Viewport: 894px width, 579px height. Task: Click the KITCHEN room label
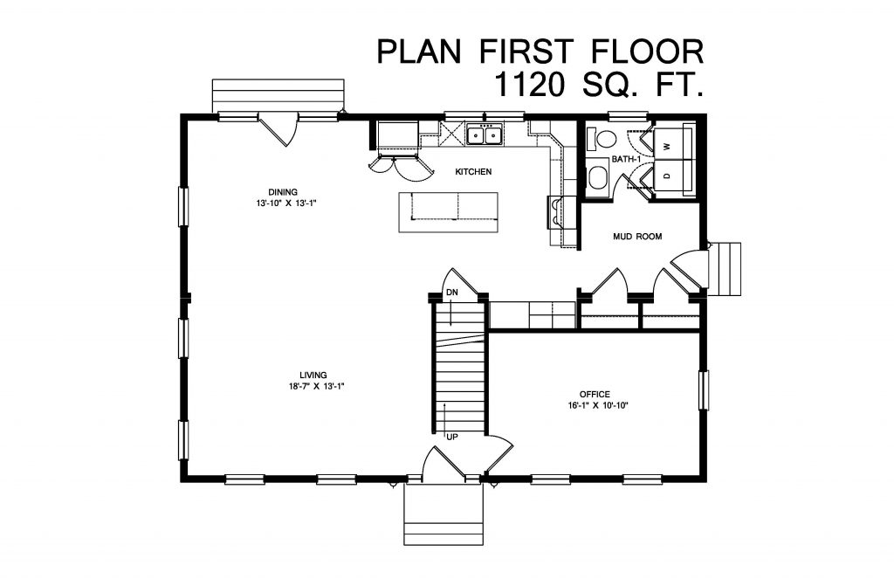(474, 172)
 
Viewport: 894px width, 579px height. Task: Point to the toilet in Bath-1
(602, 139)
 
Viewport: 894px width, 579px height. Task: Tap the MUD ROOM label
(637, 236)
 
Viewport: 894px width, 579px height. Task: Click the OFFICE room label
(595, 394)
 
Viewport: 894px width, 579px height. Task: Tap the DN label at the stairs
(452, 292)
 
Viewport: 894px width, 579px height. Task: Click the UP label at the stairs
(452, 436)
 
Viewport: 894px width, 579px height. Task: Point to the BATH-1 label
(624, 160)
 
